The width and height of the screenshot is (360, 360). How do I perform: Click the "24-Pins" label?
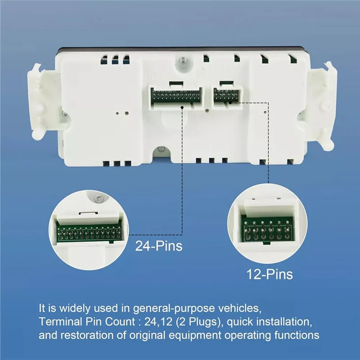coord(159,246)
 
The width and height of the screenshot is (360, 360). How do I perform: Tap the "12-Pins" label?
coord(270,274)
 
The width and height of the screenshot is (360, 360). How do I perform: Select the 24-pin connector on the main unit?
coord(176,97)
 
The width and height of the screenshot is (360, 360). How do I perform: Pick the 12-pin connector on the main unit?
coord(227,96)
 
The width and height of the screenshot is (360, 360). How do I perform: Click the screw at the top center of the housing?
coord(183,60)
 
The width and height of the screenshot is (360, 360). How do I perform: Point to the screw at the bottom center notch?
coord(162,149)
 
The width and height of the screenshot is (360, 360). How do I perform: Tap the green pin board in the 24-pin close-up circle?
coord(89,233)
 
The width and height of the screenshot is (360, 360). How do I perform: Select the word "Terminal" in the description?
coord(60,322)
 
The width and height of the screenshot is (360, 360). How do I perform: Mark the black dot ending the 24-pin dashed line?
coord(182,107)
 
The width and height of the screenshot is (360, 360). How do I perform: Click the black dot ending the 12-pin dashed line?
coord(230,103)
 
